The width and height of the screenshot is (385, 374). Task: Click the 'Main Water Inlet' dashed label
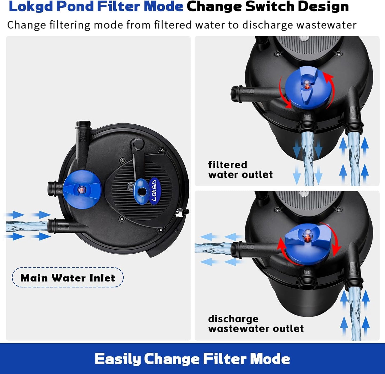click(x=68, y=278)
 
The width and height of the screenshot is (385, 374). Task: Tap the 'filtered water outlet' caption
click(x=240, y=170)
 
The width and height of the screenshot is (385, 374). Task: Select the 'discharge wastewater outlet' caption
click(x=256, y=324)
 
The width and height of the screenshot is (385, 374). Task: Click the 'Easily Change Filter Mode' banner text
click(x=192, y=359)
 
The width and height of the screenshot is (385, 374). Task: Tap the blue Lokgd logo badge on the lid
click(x=153, y=191)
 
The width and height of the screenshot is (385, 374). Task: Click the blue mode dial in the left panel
click(x=82, y=190)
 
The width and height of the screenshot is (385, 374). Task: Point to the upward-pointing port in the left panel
click(x=83, y=133)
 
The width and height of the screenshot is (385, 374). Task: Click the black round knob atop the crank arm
click(x=138, y=144)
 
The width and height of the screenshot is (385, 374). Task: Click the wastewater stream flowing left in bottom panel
click(x=213, y=248)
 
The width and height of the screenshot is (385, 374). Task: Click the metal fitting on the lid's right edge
click(x=178, y=213)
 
